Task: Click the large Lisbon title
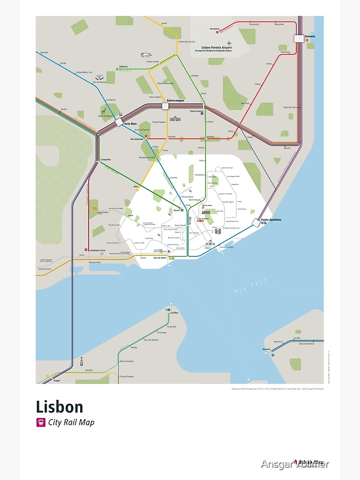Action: tap(60, 407)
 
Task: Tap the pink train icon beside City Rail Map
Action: tap(41, 423)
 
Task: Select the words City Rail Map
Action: tap(71, 423)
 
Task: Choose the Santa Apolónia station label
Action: tap(271, 219)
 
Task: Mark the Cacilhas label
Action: tap(174, 312)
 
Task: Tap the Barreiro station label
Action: tap(266, 349)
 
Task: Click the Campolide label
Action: tap(106, 159)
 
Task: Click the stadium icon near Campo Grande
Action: tap(145, 56)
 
